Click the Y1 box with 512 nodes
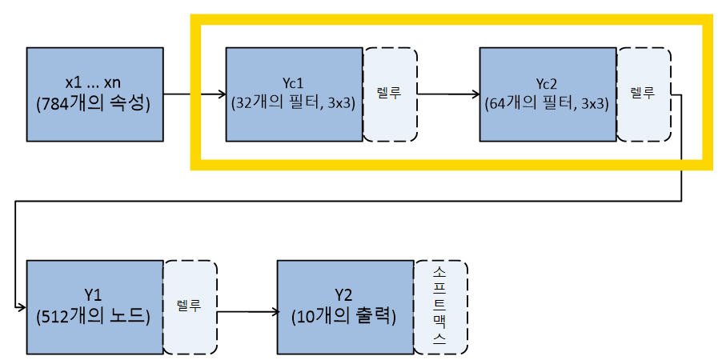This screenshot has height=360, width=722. click(x=95, y=306)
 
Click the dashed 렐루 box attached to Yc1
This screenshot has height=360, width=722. click(x=390, y=94)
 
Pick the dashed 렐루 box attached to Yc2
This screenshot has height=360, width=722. click(x=644, y=94)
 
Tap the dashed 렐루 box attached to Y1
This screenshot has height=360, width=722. click(x=191, y=307)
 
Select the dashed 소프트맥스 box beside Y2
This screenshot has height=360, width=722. click(x=440, y=307)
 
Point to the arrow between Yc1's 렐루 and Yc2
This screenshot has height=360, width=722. click(x=447, y=94)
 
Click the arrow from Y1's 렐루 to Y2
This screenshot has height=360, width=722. click(x=247, y=310)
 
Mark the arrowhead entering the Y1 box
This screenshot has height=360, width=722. click(x=22, y=307)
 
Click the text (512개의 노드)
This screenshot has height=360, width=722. click(x=96, y=316)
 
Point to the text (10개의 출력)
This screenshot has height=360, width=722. click(x=345, y=316)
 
